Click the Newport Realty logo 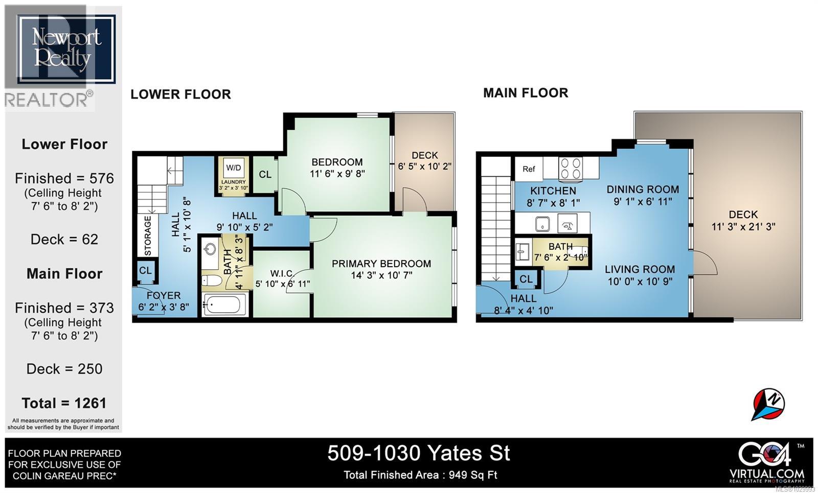tap(65, 49)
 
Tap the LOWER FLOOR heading tap(180, 95)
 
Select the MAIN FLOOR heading tap(526, 93)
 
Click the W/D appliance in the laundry tap(234, 168)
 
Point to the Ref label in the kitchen tap(529, 169)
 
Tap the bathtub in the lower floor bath tap(223, 306)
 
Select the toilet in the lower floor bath tap(211, 280)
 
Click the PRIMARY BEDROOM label tap(381, 264)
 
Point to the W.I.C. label tap(282, 274)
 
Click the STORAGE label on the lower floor tap(148, 236)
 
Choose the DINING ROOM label tap(643, 190)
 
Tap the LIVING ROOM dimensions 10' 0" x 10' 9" tap(640, 281)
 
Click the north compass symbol tap(768, 404)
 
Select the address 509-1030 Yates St tap(418, 453)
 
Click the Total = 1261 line tap(64, 403)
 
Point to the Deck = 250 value tap(64, 369)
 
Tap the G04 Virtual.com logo tap(767, 461)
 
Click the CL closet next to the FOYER tap(145, 270)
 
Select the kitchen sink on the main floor tap(542, 224)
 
